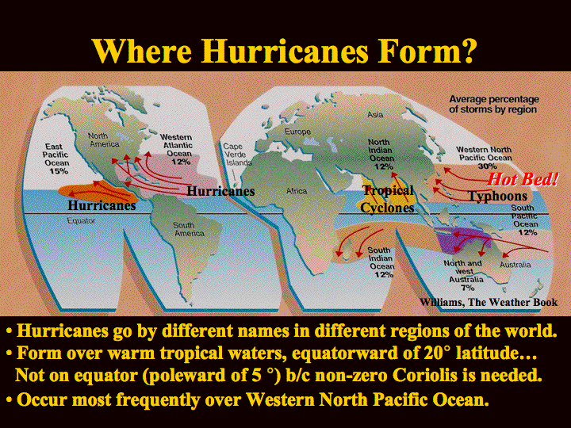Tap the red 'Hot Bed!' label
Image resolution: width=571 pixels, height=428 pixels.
click(522, 179)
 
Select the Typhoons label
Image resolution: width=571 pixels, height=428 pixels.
click(497, 196)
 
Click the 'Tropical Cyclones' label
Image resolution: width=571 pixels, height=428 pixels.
click(388, 199)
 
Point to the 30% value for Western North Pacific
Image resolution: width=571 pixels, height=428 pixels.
click(487, 166)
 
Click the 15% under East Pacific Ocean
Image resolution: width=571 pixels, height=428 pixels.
click(59, 170)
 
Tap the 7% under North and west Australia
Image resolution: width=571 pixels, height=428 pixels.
click(468, 288)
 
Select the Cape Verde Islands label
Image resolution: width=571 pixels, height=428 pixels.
click(237, 155)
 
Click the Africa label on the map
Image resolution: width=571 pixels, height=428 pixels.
click(297, 191)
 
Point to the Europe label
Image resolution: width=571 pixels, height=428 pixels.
click(297, 132)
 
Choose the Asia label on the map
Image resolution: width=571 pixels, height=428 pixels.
click(375, 115)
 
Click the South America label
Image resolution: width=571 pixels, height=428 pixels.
click(189, 229)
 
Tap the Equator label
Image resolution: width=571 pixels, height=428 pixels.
click(81, 221)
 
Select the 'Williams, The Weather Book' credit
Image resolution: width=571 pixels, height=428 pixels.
click(489, 302)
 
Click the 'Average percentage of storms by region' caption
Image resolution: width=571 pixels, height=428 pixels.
click(493, 105)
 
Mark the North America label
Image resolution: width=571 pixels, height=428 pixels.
click(104, 139)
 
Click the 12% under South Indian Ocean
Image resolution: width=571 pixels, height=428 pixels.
click(384, 274)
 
